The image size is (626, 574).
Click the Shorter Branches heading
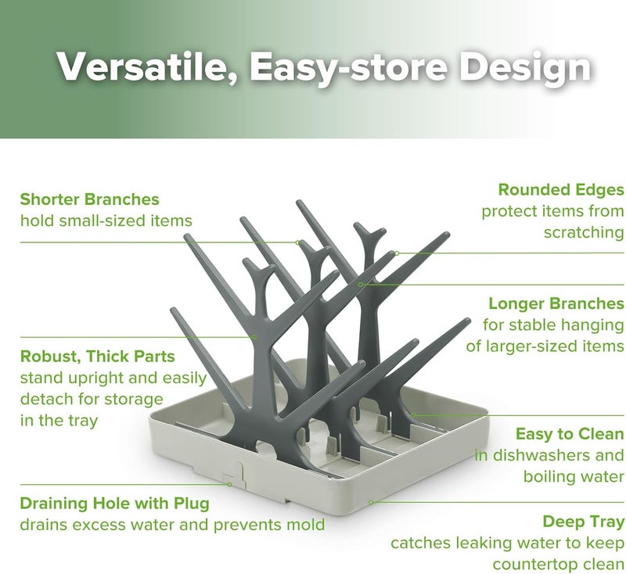[90, 199]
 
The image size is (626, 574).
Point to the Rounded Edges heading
[561, 189]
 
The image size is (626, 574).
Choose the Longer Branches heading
[556, 303]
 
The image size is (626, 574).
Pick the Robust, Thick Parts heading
[98, 357]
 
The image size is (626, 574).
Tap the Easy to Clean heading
[570, 433]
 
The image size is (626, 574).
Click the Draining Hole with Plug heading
[114, 503]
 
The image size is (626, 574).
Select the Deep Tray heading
[583, 521]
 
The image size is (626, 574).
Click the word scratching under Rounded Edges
[584, 233]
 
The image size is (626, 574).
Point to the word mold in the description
[307, 524]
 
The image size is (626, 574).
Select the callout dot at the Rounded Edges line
[397, 253]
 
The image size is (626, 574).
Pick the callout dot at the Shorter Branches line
[298, 242]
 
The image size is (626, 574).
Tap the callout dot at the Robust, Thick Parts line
[255, 336]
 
